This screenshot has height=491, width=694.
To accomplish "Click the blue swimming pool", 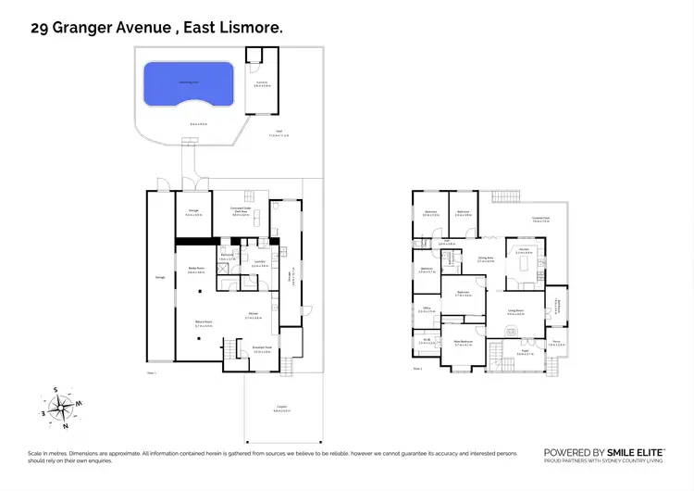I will pos(189,86).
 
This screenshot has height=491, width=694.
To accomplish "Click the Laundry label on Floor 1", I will pos(260,263).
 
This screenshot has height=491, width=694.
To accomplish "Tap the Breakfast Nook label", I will pos(262,350).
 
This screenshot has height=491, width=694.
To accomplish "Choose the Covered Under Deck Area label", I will pos(242,210).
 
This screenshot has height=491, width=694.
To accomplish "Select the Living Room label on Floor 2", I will pos(515,312).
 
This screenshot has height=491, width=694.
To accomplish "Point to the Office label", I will pos(427,310).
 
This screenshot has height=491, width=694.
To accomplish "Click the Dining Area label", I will pos(485,261).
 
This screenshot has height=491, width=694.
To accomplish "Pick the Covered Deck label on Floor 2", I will pos(541,220).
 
